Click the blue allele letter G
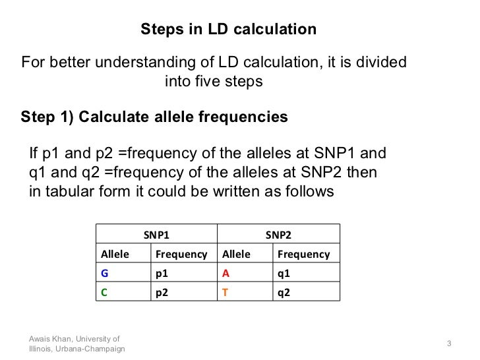[104, 273]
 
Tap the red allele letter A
[225, 273]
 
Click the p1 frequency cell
[162, 273]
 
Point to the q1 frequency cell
[284, 273]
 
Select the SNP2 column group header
[278, 234]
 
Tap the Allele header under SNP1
[115, 254]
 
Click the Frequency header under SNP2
[304, 254]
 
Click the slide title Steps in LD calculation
[229, 30]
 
